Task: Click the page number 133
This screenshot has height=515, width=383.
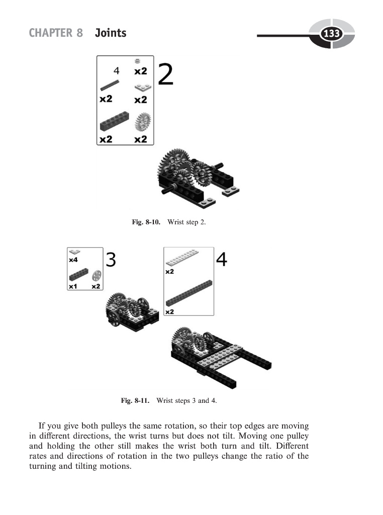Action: [331, 34]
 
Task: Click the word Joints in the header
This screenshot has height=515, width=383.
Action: [111, 33]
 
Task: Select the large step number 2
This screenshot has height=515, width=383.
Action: [166, 75]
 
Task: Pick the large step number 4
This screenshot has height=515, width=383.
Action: [222, 260]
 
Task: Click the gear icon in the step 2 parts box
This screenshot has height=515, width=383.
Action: [143, 122]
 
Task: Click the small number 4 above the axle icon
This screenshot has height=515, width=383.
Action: [116, 70]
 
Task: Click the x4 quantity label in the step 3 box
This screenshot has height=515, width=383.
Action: [73, 260]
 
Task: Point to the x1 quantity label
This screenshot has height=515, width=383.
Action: [73, 286]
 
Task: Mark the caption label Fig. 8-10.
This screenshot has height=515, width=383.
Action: [146, 222]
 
